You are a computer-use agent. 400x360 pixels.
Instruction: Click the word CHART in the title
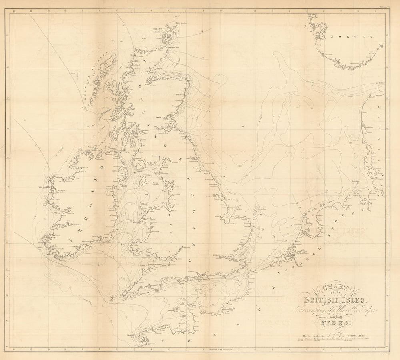(332, 287)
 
